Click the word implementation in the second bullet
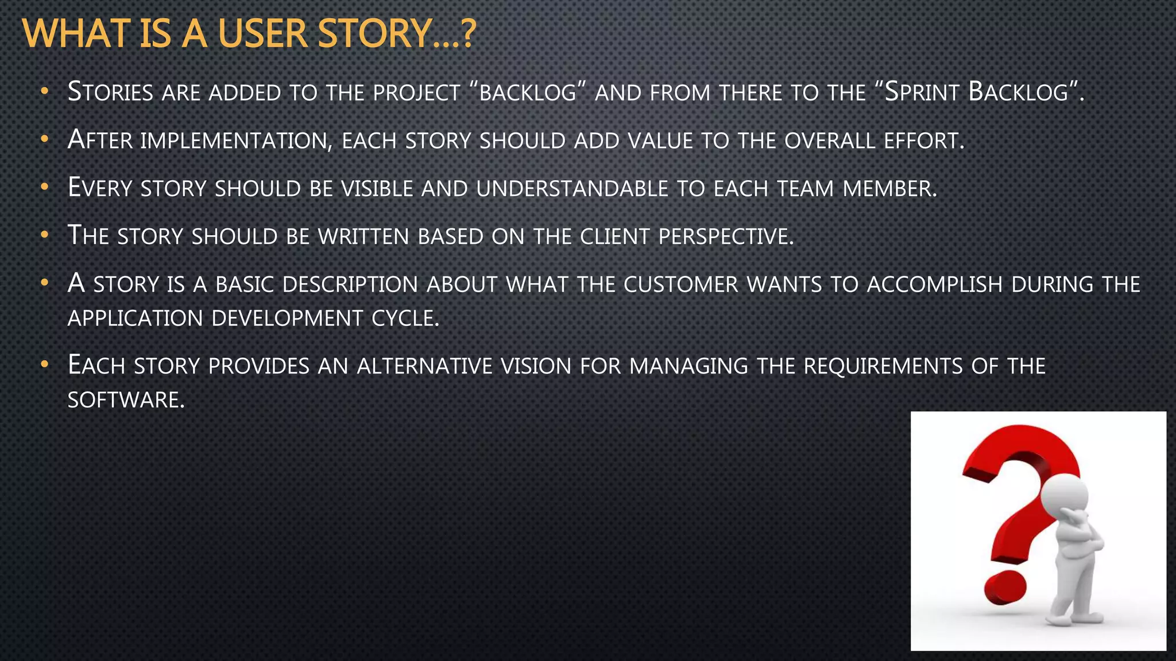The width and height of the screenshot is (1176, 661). (x=236, y=141)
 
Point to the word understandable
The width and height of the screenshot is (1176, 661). (x=572, y=188)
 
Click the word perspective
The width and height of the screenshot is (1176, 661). (x=726, y=236)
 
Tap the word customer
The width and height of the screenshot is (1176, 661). (x=680, y=285)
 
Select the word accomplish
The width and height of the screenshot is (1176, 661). (x=934, y=285)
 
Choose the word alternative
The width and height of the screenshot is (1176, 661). (x=424, y=366)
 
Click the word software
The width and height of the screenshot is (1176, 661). (x=126, y=400)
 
